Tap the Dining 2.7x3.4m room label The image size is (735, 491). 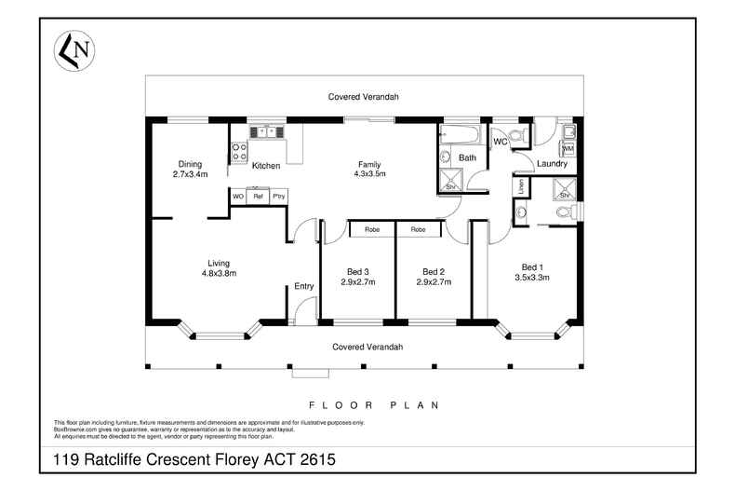pos(189,169)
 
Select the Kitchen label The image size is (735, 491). pos(266,166)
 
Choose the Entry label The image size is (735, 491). pos(303,286)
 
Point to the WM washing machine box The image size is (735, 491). pos(568,148)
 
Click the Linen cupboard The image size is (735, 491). pos(518,187)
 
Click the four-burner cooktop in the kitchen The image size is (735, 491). pos(238,152)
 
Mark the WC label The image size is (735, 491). pos(500,142)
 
